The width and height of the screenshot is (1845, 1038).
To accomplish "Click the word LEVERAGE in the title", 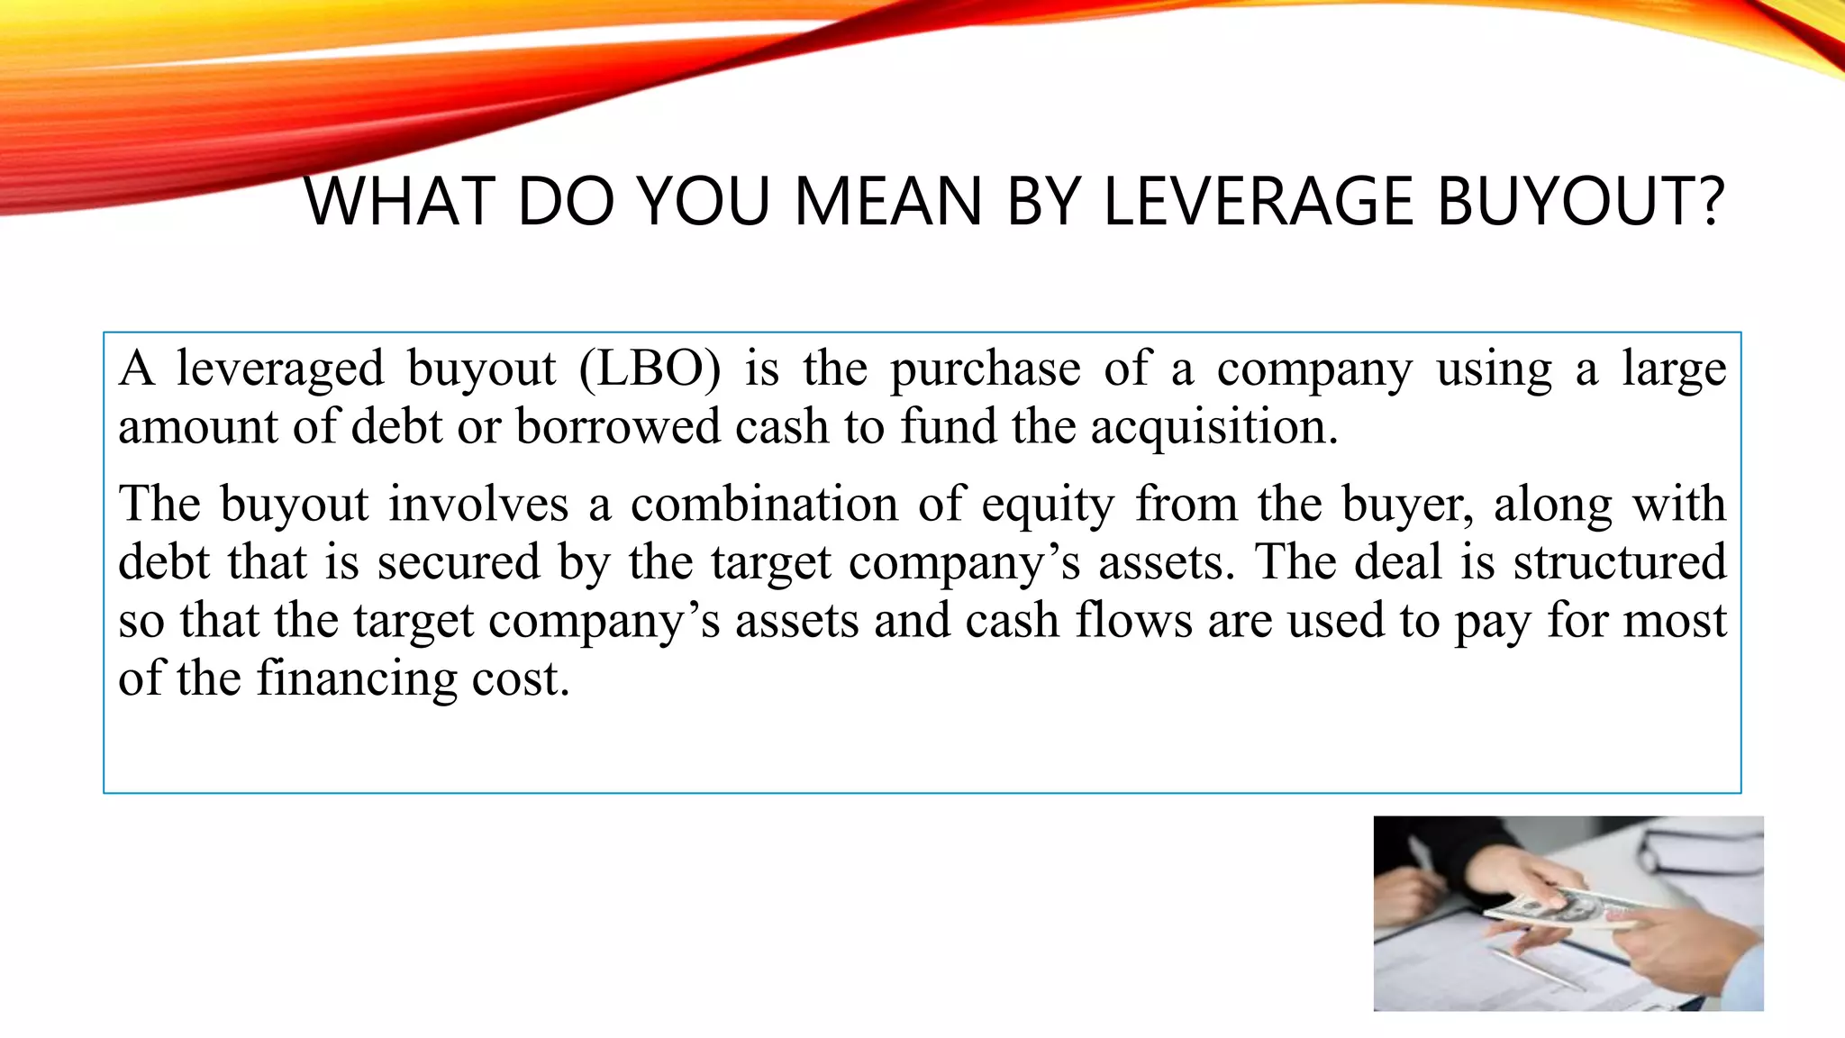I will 1259,201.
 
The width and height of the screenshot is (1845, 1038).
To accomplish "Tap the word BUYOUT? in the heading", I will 1580,201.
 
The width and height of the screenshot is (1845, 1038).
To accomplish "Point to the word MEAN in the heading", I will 887,201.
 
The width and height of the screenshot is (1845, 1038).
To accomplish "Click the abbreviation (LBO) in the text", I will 650,369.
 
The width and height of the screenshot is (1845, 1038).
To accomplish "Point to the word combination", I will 764,503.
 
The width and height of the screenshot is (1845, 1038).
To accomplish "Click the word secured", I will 459,561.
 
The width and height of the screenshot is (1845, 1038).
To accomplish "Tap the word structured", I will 1619,561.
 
